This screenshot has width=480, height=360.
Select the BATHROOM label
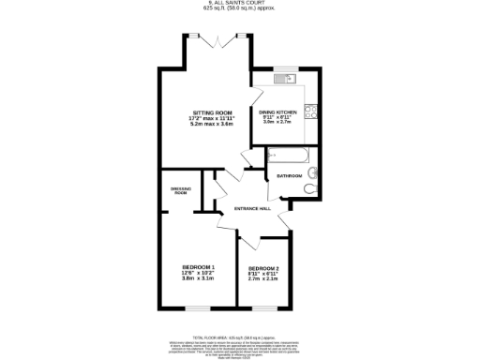[x=288, y=175]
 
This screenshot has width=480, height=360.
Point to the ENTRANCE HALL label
[x=253, y=207]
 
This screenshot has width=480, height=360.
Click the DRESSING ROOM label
[x=181, y=190]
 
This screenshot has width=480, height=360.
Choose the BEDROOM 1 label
[x=198, y=266]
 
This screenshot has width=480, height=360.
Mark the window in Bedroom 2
[x=262, y=308]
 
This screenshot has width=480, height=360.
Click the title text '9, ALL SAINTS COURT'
[x=240, y=3]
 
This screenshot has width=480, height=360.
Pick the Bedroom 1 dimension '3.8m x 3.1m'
[x=198, y=278]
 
